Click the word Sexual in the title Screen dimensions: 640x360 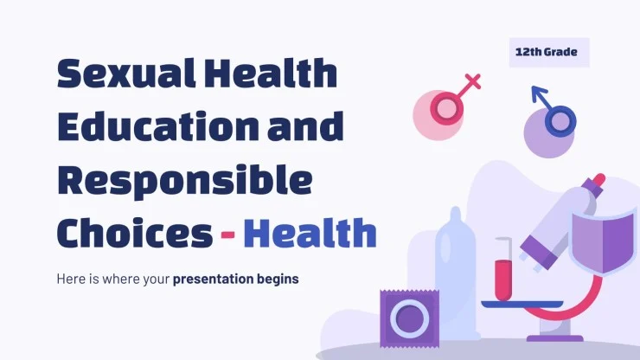tap(126, 74)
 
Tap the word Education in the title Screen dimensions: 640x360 tap(158, 125)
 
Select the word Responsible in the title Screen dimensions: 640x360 tap(185, 182)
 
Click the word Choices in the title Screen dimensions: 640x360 tap(135, 232)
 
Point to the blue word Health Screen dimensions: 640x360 tap(310, 233)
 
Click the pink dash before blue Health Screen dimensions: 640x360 tap(227, 235)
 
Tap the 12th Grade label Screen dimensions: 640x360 tap(547, 52)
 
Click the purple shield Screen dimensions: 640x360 tap(603, 241)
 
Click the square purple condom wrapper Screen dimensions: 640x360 tap(409, 318)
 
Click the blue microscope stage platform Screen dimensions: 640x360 tap(522, 304)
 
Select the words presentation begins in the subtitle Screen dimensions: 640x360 tap(235, 280)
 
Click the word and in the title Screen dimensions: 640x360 tap(305, 125)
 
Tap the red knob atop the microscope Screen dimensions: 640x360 tap(598, 179)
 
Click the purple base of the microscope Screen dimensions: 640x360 tap(554, 338)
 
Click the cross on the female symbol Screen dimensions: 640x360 tap(473, 81)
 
